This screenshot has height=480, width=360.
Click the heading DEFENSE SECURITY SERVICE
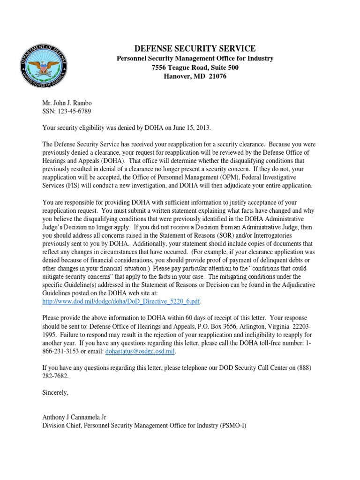195,49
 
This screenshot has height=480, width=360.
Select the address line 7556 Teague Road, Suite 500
195,67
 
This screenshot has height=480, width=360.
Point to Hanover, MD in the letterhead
183,76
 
